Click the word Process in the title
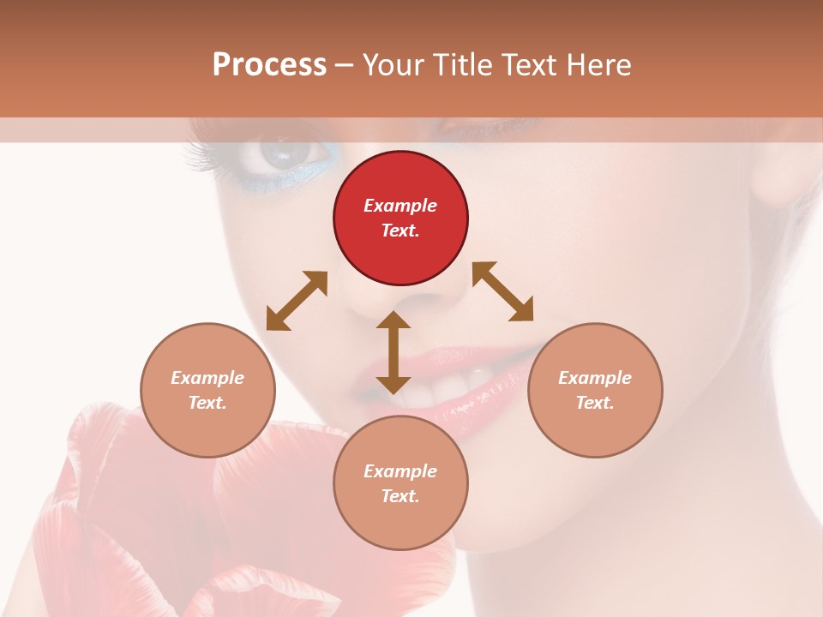point(269,65)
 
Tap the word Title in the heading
point(462,65)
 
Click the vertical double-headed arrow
point(393,352)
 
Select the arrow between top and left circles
point(297,301)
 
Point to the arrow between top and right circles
point(502,291)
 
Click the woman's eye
point(282,154)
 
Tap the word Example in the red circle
point(400,206)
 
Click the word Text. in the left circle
point(207,403)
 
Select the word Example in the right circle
point(595,378)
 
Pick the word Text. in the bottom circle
point(400,496)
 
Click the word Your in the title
point(390,65)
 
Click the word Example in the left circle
point(207,378)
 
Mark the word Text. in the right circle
point(595,403)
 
